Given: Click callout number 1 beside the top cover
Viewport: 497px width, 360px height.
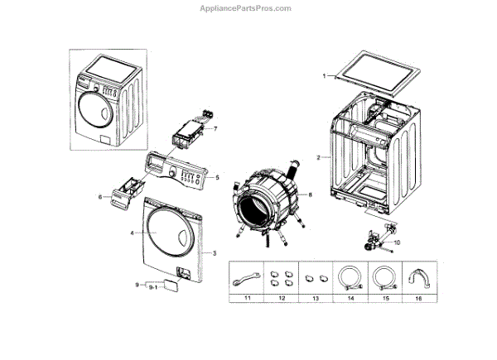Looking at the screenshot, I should coord(324,76).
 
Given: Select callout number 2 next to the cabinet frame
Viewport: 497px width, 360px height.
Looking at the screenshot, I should coord(318,156).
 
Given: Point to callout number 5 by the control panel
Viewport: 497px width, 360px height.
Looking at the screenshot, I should coord(217,177).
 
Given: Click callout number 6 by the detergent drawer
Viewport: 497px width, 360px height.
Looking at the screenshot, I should coord(99,196).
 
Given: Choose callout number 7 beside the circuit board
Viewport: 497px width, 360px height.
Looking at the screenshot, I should coord(215,129).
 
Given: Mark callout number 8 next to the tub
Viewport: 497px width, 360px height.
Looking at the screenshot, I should coord(310,194).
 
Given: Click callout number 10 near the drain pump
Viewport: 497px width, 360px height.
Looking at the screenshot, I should coord(396,242).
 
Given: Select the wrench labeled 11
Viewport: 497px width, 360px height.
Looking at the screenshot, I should coord(246,276).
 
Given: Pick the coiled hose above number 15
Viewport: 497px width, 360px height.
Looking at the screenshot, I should coord(384,276).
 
